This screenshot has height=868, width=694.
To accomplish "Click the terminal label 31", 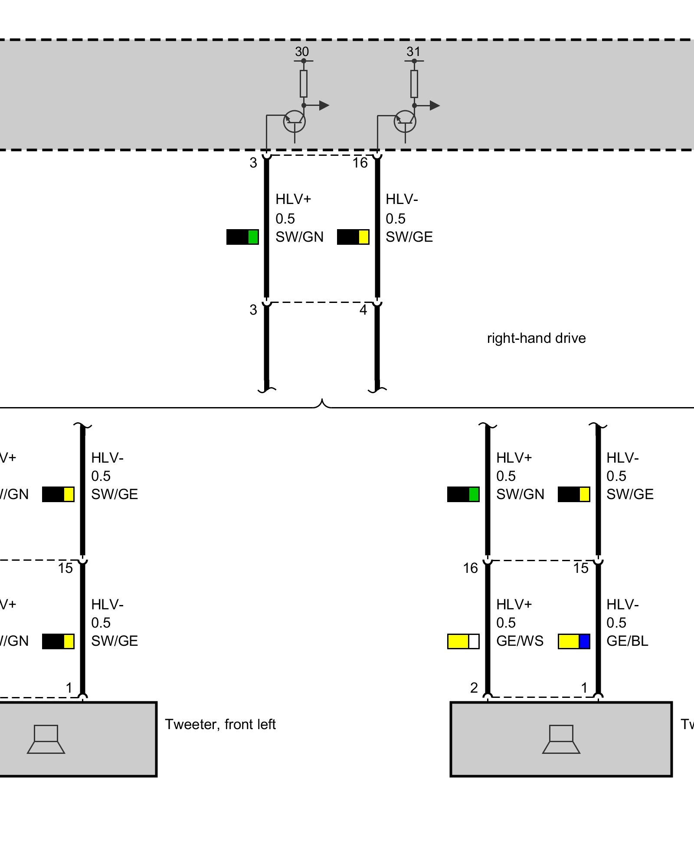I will pos(413,52).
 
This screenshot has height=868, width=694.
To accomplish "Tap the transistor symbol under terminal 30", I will pos(295,122).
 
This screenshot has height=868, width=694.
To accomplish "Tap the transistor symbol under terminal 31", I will pos(405,122).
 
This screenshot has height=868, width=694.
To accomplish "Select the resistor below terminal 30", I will pos(304,84).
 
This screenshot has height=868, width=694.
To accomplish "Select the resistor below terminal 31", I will pos(414,84).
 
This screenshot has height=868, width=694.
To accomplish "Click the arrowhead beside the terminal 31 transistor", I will pos(435,105).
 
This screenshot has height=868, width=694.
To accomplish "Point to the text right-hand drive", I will pos(536,338).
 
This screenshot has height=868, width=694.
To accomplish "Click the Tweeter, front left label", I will pos(220,724).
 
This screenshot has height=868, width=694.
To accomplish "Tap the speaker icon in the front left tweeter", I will pos(46,739).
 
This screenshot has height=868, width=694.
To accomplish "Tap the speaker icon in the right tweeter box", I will pos(561,739).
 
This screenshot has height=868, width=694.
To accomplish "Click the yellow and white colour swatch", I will pos(463,641).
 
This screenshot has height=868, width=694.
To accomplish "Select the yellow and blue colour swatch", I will pos(574,641).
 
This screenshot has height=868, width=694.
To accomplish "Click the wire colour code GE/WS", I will pos(520,641).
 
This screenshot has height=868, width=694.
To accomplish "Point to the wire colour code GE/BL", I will pos(627,641).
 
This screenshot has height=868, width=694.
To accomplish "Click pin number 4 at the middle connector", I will pos(363,310).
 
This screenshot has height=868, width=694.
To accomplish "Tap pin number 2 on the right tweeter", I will pos(474,688).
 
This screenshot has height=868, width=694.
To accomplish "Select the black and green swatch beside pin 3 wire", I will pos(242,237).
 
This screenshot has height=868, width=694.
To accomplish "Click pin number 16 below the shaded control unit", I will pos(360,163).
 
